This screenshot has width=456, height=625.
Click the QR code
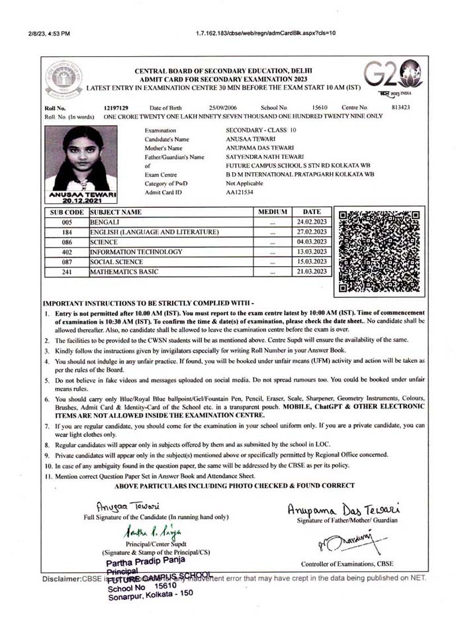point(379,251)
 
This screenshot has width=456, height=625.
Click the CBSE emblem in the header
point(64,79)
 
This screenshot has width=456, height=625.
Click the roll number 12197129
point(116,107)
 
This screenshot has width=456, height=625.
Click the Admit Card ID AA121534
point(240,192)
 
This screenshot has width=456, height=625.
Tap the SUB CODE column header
point(67,213)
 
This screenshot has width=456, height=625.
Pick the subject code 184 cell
point(67,232)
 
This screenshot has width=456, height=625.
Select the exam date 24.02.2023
point(312,222)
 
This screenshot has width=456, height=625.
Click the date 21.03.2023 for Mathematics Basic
point(312,271)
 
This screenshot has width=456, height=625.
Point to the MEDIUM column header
point(273,213)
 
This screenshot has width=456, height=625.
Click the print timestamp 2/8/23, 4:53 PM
point(48,32)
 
